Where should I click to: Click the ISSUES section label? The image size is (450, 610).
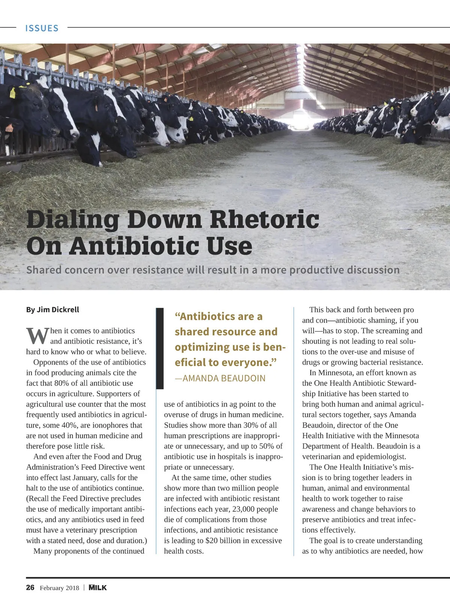pos(42,28)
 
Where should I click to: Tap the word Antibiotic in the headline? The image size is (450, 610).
pos(133,246)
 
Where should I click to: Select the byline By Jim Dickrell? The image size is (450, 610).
pos(52,310)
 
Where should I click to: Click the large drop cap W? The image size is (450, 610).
pos(37,336)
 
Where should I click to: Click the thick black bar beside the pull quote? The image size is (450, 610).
pos(160,348)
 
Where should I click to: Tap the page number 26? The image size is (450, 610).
pos(30,587)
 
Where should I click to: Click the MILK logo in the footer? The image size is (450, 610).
pos(97,587)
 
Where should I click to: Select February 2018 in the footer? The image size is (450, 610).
pos(59,588)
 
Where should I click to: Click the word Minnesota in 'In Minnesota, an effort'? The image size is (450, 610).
pos(336,373)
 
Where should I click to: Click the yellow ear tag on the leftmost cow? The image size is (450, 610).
pos(12,93)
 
